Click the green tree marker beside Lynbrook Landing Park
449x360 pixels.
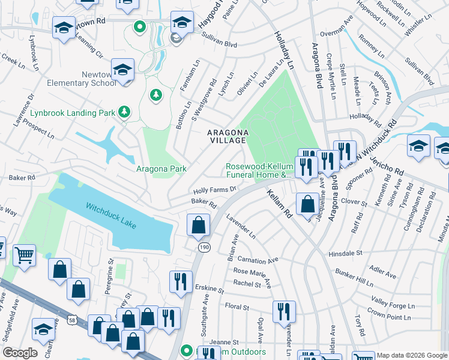(x=124, y=111)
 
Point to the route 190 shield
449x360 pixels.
(x=203, y=247)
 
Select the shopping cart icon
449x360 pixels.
(x=24, y=255)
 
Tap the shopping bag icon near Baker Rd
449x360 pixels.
(x=198, y=226)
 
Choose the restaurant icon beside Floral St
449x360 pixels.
(x=284, y=311)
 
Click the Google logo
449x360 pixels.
(x=20, y=353)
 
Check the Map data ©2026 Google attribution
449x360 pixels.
(x=411, y=355)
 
